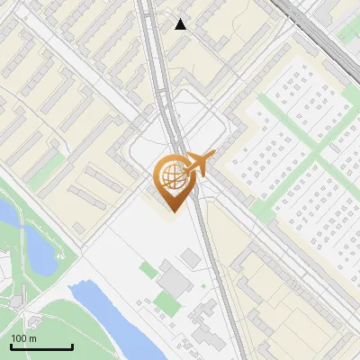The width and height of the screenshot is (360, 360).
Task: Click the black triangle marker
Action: pyautogui.click(x=181, y=24)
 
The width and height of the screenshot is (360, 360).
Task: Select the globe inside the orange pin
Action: pyautogui.click(x=174, y=175)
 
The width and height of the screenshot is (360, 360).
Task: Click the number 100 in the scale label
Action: pyautogui.click(x=19, y=337)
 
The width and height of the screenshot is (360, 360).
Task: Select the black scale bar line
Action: pyautogui.click(x=41, y=347)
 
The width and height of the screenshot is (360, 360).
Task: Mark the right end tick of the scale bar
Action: pyautogui.click(x=72, y=346)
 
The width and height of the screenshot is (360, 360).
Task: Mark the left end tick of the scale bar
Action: pyautogui.click(x=11, y=346)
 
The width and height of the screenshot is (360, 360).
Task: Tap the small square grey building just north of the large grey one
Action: pyautogui.click(x=190, y=259)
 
